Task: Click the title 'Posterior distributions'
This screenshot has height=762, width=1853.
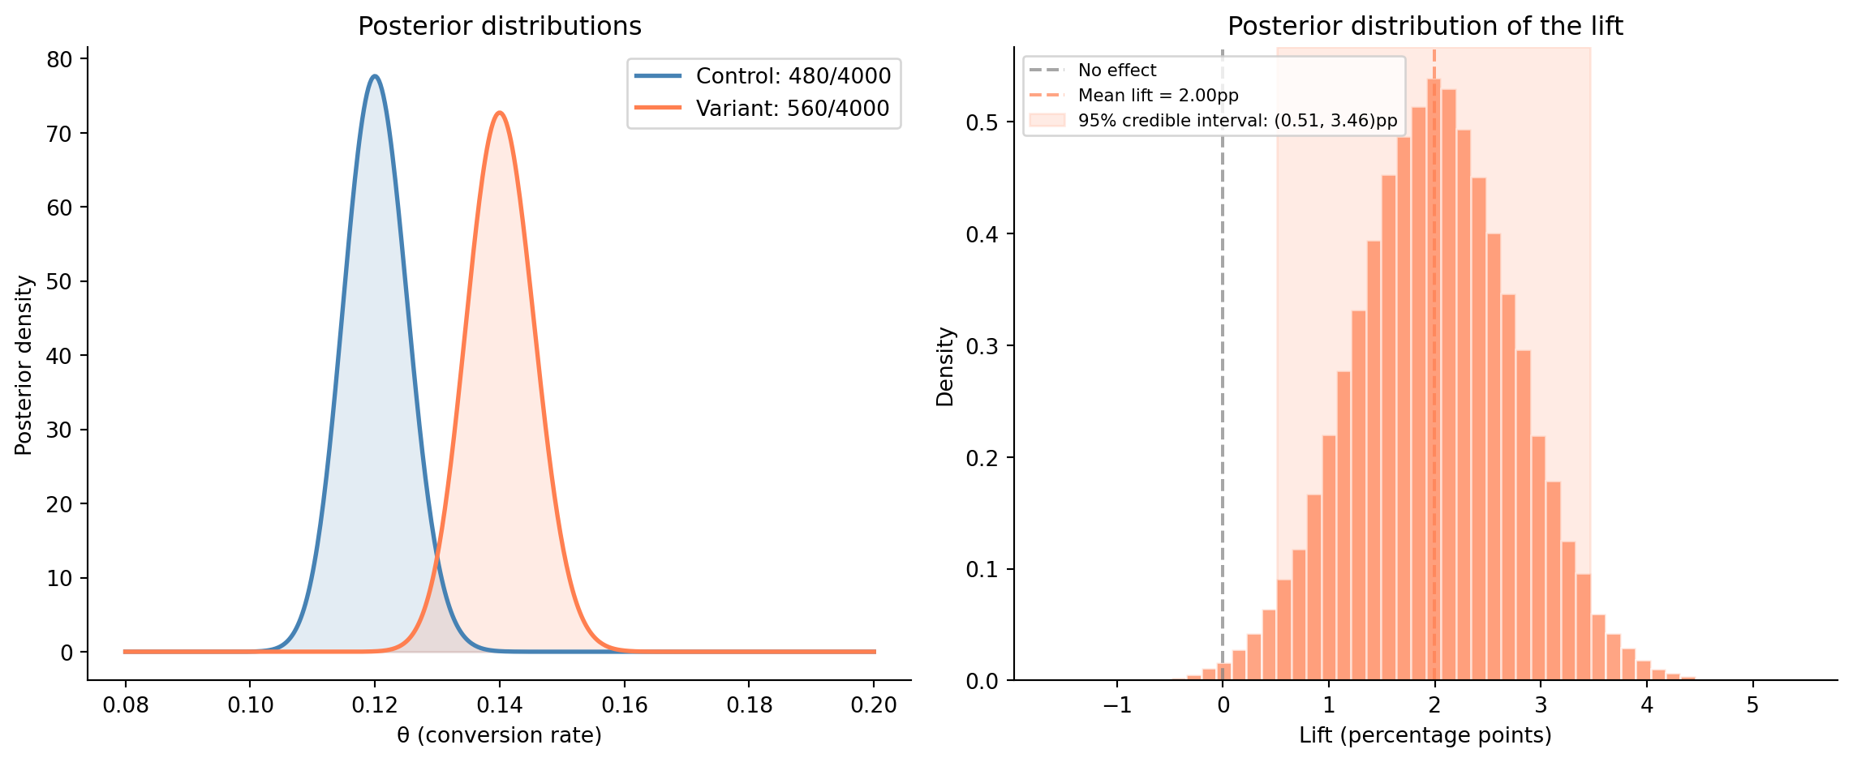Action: (499, 27)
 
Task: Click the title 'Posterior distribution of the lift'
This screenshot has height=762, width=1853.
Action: (1425, 27)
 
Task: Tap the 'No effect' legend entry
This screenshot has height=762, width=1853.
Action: (1116, 71)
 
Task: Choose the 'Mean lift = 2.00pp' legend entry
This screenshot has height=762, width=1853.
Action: (1158, 96)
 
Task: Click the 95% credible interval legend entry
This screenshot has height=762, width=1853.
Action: (1237, 121)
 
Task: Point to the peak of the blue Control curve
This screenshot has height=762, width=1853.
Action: (374, 76)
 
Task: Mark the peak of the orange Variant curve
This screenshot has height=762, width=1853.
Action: (500, 113)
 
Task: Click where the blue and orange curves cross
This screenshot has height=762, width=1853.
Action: (437, 555)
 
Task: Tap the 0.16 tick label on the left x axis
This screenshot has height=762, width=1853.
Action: (625, 705)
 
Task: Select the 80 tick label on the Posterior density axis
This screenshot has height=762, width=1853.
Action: (60, 59)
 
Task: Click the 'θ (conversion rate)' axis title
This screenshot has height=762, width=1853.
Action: (499, 735)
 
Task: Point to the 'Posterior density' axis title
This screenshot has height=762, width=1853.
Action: (24, 365)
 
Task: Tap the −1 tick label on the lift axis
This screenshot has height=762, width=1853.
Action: (1117, 705)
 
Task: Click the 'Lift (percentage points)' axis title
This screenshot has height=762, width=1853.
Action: (1425, 735)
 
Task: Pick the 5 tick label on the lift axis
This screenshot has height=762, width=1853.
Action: (1752, 705)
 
